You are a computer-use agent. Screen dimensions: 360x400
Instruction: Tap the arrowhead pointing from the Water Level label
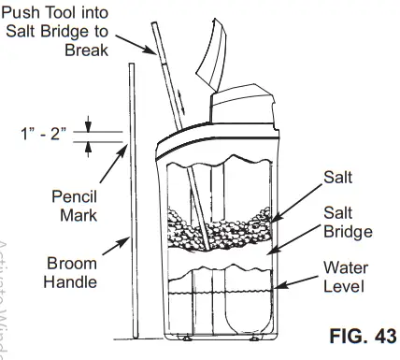click(277, 291)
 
